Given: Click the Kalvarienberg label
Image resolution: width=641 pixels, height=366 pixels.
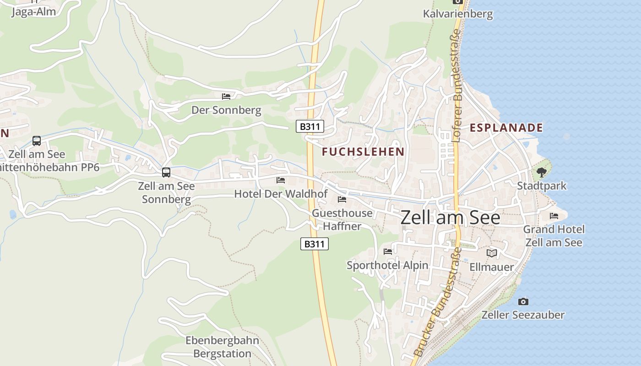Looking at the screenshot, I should click(457, 14).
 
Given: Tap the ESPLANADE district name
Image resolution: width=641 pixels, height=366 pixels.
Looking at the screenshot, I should click(506, 128).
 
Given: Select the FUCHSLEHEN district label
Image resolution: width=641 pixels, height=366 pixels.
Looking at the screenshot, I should click(363, 152).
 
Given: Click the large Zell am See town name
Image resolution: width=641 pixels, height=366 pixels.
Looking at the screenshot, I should click(451, 218).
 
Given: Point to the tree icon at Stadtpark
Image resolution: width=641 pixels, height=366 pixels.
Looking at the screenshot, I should click(542, 172).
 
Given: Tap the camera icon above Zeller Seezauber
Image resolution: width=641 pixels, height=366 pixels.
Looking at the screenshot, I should click(523, 301).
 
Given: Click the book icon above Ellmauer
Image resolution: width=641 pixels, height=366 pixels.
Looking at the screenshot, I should click(492, 253).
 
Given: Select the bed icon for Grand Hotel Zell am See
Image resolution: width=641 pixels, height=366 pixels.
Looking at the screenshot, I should click(554, 215).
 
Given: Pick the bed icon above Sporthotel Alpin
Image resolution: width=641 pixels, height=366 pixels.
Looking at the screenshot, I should click(388, 251).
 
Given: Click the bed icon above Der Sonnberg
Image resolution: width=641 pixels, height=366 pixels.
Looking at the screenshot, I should click(226, 96).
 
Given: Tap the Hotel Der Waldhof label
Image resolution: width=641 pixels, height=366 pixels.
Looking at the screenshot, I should click(281, 194).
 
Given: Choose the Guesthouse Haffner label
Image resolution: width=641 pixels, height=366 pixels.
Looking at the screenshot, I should click(342, 220).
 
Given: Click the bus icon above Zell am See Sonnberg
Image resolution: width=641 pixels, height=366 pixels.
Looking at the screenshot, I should click(166, 172).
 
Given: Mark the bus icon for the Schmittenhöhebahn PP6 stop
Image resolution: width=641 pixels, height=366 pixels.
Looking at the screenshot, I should click(37, 141).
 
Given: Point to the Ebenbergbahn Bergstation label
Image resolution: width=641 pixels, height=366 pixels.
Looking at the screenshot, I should click(222, 347).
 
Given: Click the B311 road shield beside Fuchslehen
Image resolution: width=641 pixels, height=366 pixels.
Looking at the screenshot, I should click(310, 127).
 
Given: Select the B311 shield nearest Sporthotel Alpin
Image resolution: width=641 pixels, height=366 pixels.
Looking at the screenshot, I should click(315, 244).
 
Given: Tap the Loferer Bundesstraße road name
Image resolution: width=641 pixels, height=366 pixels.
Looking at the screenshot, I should click(456, 86).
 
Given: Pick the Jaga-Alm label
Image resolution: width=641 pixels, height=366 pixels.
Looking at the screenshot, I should click(33, 12).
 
